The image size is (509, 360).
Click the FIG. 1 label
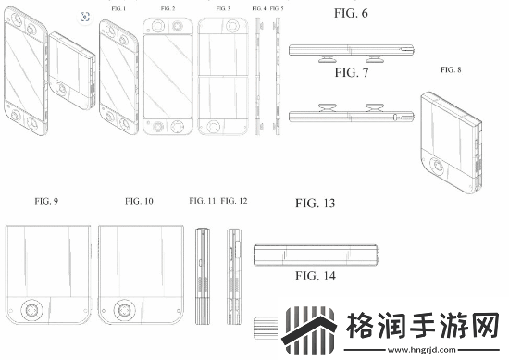tap(118, 8)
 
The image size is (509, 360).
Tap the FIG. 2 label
tap(167, 8)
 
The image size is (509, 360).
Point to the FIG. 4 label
tap(258, 8)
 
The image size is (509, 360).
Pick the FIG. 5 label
tap(277, 8)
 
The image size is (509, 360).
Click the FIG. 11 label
tap(202, 200)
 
